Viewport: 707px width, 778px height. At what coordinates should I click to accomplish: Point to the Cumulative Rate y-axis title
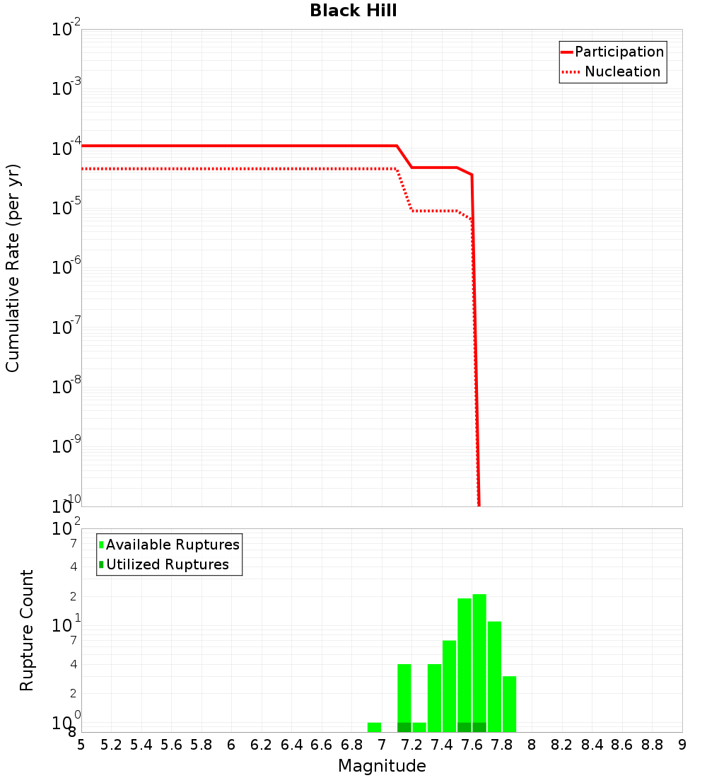[x=13, y=267]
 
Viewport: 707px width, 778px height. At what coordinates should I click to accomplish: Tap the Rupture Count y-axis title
[x=27, y=630]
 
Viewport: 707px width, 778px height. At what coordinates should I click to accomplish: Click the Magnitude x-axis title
[x=382, y=766]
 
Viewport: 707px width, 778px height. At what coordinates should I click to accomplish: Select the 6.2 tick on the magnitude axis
[x=262, y=745]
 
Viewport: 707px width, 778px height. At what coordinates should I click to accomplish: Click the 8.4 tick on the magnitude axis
[x=592, y=745]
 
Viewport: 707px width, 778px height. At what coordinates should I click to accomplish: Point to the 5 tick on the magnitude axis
[x=81, y=745]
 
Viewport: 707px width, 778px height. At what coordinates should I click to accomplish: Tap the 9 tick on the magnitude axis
[x=682, y=745]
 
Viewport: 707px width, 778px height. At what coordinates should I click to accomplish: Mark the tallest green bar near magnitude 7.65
[x=479, y=661]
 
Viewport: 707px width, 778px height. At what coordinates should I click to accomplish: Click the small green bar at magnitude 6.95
[x=374, y=727]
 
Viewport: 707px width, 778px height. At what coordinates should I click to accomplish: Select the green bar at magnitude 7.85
[x=509, y=704]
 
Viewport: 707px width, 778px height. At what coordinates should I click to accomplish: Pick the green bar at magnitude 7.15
[x=404, y=697]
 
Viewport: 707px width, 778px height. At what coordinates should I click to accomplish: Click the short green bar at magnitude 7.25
[x=419, y=727]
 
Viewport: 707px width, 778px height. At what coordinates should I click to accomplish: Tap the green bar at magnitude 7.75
[x=494, y=676]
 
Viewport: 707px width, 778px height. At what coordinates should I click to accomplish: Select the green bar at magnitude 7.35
[x=434, y=697]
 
